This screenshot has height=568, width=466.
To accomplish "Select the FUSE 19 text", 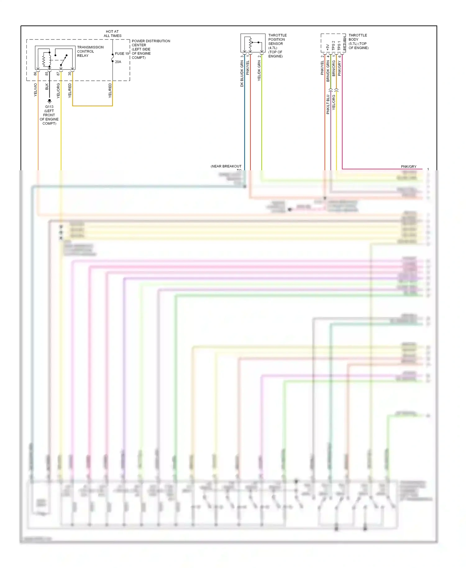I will [122, 53].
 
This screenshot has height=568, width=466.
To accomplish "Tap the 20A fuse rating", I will [118, 62].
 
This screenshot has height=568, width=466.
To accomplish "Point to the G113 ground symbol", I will [49, 101].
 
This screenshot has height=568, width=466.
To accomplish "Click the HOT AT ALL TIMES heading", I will [112, 34].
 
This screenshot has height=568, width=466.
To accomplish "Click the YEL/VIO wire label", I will [35, 90].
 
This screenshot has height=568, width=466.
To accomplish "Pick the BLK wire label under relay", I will [47, 87].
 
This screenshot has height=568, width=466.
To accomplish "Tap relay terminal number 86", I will [35, 74].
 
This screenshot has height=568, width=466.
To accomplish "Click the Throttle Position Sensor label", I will [277, 46].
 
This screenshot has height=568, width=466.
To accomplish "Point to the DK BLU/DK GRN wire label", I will [242, 74].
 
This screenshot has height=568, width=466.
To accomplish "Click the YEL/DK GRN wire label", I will [259, 71].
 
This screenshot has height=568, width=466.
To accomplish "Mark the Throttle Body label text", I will [358, 41].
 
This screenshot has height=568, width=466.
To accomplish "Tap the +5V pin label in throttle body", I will [327, 47].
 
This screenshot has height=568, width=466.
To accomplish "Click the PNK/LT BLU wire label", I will [328, 104].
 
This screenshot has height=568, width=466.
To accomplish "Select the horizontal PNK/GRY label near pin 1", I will [409, 167].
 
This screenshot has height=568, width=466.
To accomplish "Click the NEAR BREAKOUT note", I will [226, 167].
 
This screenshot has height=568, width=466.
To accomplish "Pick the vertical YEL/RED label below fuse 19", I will [110, 90].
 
